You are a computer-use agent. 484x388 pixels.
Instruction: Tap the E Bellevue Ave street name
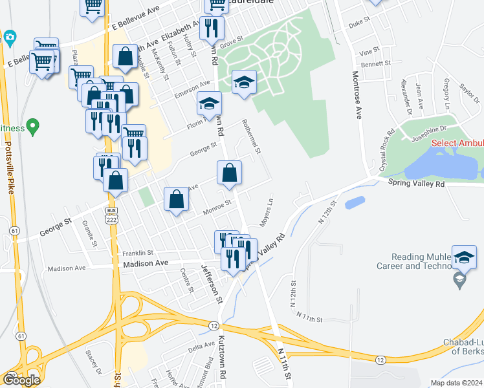point(135,19)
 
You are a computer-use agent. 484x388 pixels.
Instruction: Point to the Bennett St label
point(373,65)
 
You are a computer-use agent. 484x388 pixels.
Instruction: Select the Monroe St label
point(217,207)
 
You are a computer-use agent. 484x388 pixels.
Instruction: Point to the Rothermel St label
point(251,136)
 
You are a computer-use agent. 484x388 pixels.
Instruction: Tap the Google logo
point(21,379)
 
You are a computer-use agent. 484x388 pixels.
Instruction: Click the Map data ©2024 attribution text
point(456,383)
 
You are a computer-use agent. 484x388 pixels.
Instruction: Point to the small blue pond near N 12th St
point(355,203)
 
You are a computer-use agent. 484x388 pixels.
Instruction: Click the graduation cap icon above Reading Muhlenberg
point(464,257)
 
